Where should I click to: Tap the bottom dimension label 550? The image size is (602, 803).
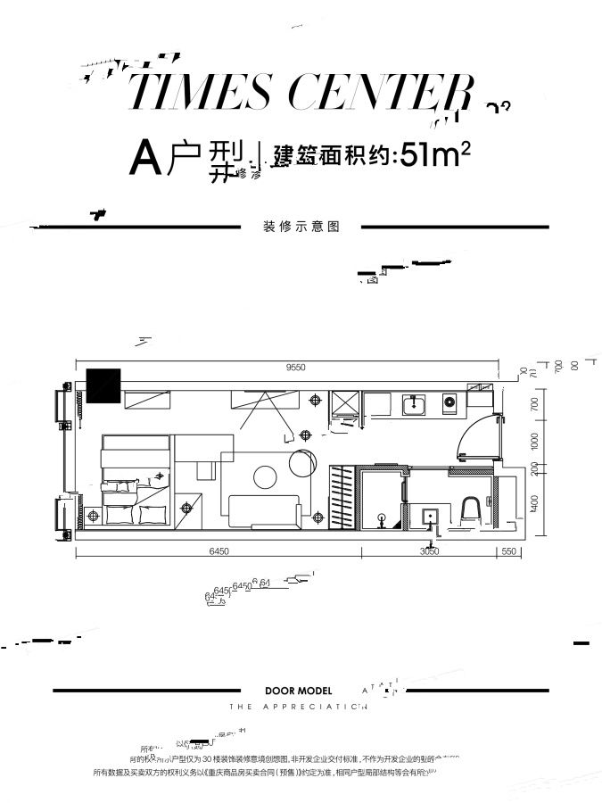(509, 552)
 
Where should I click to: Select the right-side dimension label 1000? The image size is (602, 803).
(535, 440)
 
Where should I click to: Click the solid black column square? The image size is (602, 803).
(103, 385)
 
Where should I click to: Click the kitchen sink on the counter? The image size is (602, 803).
(414, 406)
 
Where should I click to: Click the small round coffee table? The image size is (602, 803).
(265, 477)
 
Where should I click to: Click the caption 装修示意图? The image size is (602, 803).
(302, 227)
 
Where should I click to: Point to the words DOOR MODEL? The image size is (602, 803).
(298, 691)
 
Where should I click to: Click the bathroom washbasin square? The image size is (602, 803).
(429, 516)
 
